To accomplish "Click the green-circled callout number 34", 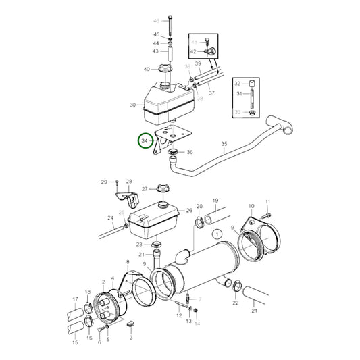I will [x=144, y=141].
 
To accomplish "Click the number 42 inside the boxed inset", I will [x=193, y=51].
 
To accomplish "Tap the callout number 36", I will [x=190, y=153].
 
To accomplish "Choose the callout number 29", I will [x=104, y=182].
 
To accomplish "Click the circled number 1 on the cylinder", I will [x=216, y=234].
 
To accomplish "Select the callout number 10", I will [x=251, y=206].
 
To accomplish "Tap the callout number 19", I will [x=215, y=201].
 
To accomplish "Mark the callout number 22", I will [x=235, y=303].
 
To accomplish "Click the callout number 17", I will [x=75, y=299].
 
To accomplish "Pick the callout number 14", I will [x=197, y=324].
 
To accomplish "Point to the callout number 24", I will [x=109, y=217].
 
